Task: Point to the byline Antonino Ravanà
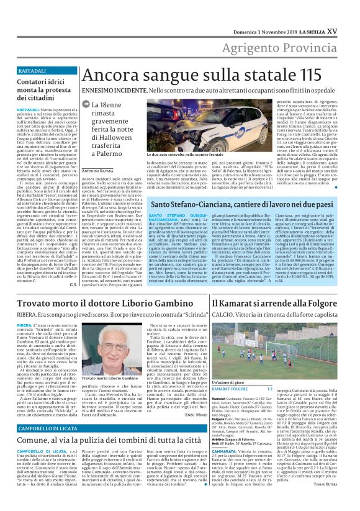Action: (x=98, y=170)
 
